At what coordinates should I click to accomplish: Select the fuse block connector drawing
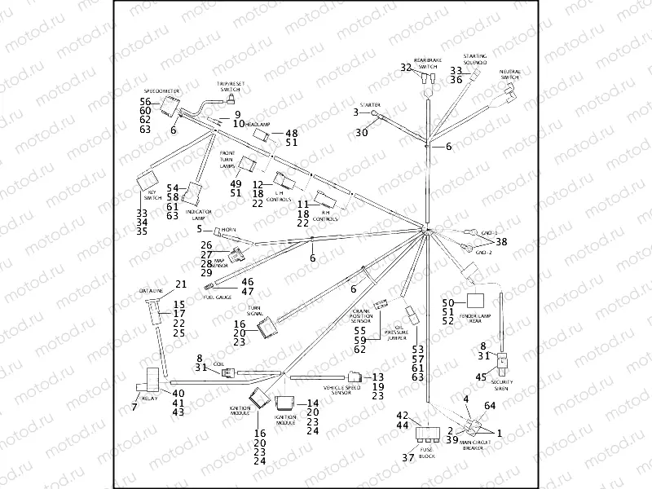tap(427, 436)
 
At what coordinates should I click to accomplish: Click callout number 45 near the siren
tap(482, 377)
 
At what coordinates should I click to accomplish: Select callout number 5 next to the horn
tap(198, 229)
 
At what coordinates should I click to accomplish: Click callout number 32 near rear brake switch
tap(406, 68)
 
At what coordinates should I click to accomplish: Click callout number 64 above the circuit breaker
tap(490, 404)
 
